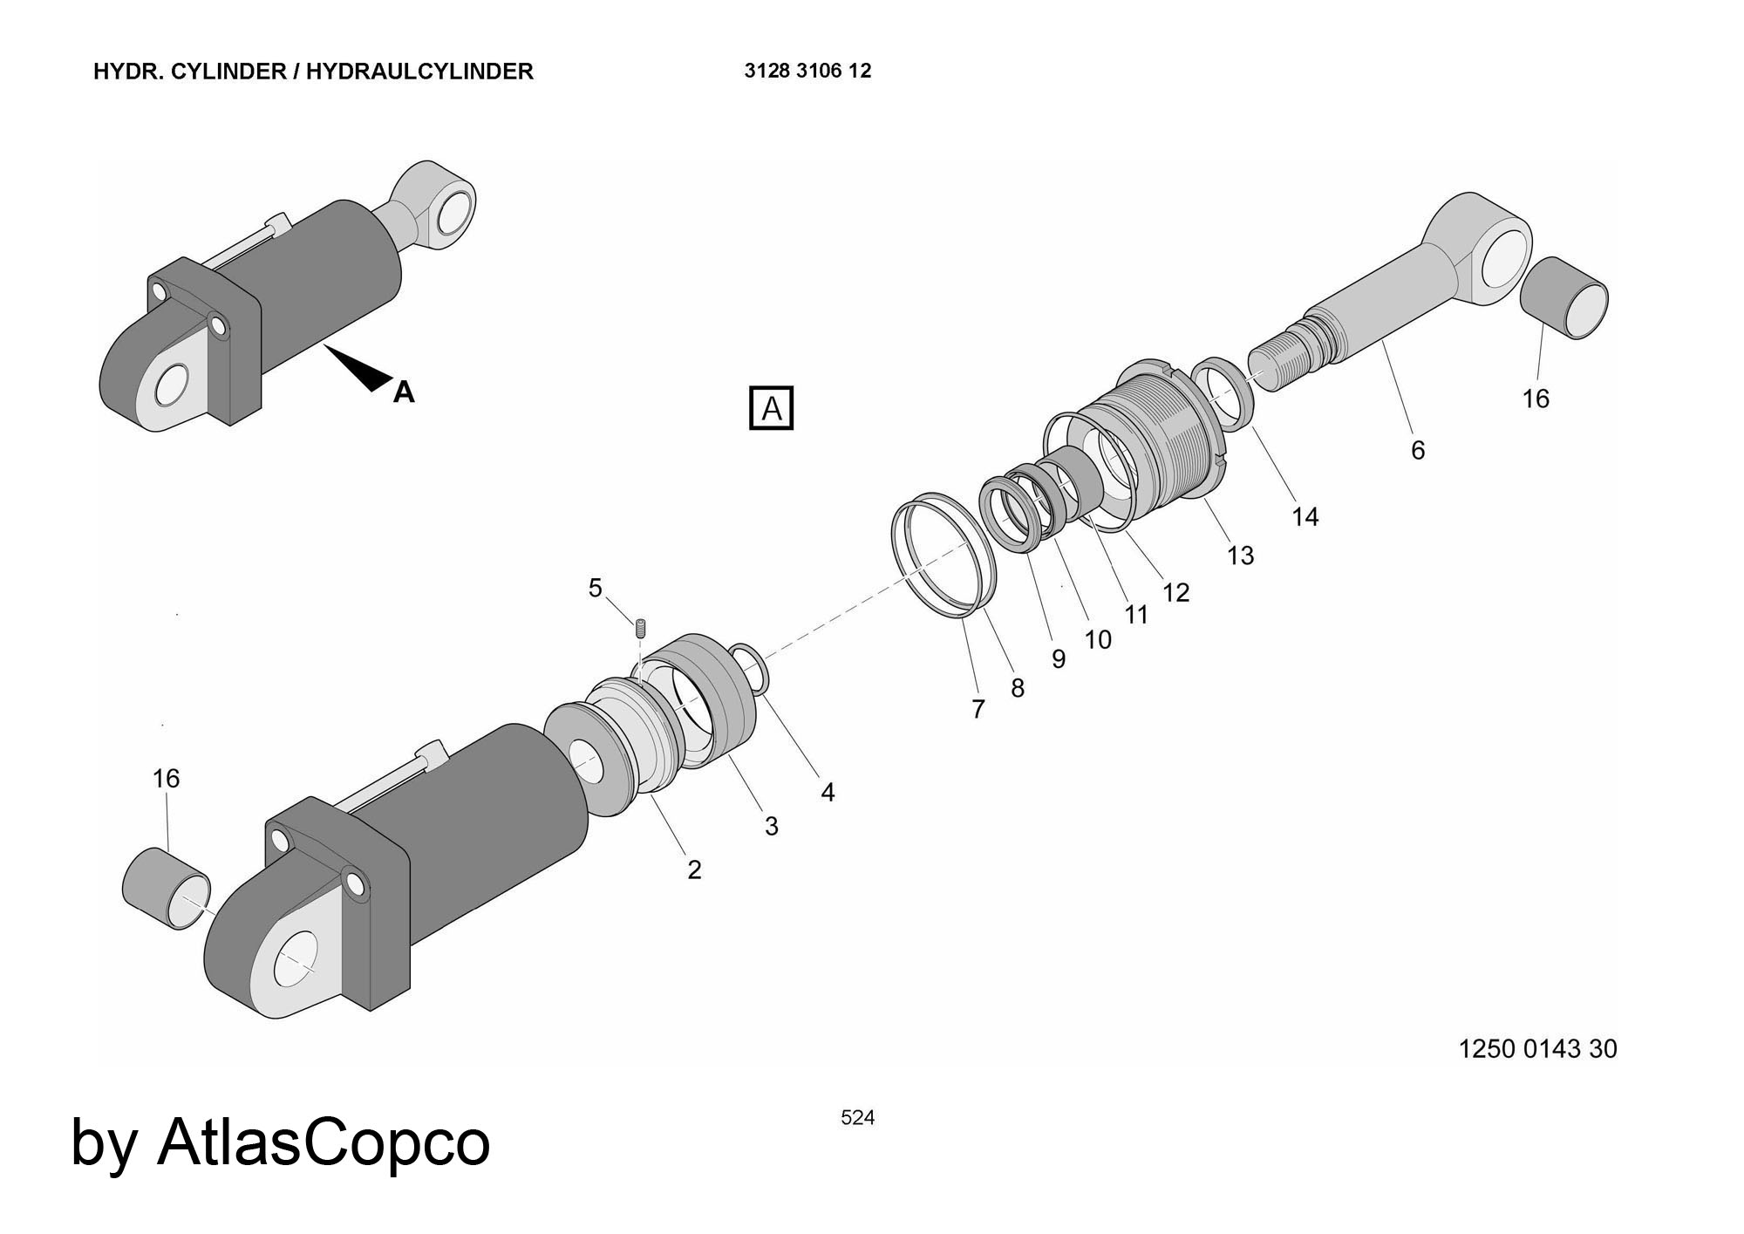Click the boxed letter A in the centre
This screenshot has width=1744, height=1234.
[772, 408]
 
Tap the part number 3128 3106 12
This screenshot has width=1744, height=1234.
[807, 71]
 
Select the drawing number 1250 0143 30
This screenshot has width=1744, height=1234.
[1537, 1048]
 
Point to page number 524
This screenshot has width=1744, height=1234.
[857, 1117]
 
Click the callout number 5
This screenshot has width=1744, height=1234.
[595, 589]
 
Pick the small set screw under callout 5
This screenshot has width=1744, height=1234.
[641, 627]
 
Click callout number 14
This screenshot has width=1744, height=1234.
[1305, 517]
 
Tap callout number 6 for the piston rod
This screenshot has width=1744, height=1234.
[1418, 450]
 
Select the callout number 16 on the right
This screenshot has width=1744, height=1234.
[1536, 399]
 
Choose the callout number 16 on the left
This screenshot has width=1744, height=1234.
[166, 778]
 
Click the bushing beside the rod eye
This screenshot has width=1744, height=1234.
[1564, 297]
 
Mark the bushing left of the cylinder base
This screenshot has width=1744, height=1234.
[165, 889]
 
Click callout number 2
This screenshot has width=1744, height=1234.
[694, 869]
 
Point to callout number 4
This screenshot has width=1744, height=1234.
[828, 792]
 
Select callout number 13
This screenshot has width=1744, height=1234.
[1240, 556]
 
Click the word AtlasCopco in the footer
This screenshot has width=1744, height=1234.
[324, 1142]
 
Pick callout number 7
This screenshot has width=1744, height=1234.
[978, 709]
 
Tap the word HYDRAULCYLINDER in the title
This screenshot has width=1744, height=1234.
[419, 72]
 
